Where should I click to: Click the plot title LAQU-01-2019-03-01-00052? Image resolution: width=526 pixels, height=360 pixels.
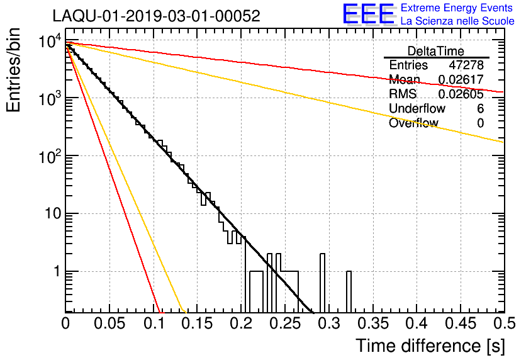(x=156, y=16)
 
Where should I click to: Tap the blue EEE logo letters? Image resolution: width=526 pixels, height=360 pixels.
(x=368, y=14)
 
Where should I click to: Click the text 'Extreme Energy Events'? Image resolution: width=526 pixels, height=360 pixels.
(x=457, y=8)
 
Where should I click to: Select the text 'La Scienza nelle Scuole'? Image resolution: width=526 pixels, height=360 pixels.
(x=457, y=21)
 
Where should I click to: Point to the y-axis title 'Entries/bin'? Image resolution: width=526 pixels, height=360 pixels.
(x=13, y=70)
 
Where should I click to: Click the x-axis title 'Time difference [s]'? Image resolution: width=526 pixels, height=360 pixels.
(x=430, y=346)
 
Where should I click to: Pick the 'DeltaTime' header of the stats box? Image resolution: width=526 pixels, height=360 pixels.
(x=436, y=52)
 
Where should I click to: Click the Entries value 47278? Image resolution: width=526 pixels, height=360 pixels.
(x=466, y=65)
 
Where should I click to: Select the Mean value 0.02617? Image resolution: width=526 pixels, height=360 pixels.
(x=461, y=79)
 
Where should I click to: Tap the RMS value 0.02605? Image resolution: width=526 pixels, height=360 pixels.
(x=461, y=94)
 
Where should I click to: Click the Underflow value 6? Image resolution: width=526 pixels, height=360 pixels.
(x=480, y=108)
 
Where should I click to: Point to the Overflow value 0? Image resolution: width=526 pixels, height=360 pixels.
(x=480, y=123)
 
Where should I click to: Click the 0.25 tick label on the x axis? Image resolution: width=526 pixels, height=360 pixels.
(x=285, y=323)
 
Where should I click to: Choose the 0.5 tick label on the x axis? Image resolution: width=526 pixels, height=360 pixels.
(x=505, y=323)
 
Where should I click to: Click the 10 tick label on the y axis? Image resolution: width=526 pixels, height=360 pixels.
(x=53, y=213)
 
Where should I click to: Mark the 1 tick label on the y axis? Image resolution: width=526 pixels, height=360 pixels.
(x=58, y=271)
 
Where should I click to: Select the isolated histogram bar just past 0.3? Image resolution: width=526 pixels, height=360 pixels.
(x=349, y=291)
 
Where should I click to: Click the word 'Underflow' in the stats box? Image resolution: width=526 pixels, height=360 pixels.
(x=417, y=108)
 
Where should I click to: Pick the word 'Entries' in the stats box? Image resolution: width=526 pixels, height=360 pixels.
(x=408, y=65)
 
